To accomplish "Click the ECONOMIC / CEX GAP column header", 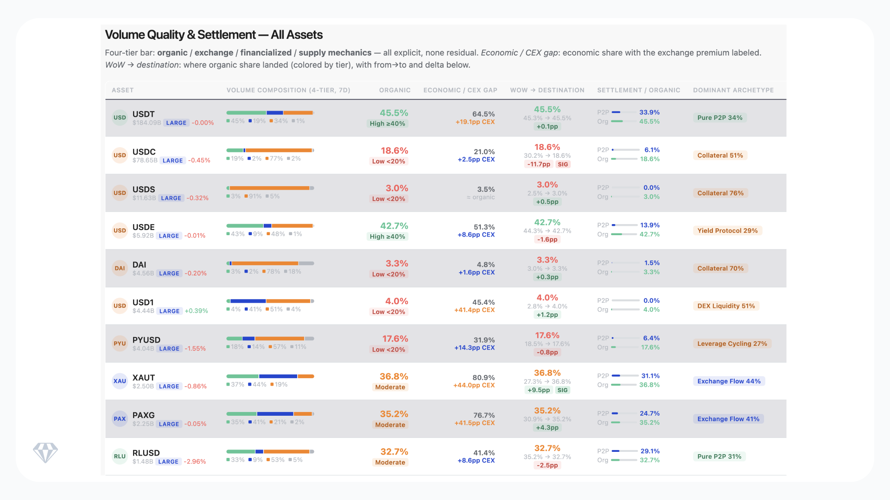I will pos(460,90).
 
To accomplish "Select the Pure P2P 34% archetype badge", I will pos(719,118).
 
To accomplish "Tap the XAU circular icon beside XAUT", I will pos(120,381).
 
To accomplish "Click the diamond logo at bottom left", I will pos(45,453).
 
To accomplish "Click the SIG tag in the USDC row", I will pos(563,164).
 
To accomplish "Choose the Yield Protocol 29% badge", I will pos(727,231).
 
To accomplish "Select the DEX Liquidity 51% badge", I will pos(726,306).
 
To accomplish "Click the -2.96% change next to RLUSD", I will pos(195,462).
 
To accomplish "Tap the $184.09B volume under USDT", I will pos(146,123).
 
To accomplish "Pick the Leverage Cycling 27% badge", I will pos(732,344).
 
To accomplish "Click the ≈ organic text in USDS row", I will pos(481,197).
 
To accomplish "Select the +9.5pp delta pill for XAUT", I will pos(539,390).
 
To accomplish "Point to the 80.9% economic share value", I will pos(483,377).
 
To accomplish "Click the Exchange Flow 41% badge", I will pos(728,419).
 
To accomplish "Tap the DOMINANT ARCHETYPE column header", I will pos(733,90).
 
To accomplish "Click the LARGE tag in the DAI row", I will pos(169,274).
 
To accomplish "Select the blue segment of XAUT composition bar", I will pos(278,376).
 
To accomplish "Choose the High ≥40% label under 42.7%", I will pos(387,237).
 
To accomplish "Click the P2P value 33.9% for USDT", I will pos(649,112).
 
